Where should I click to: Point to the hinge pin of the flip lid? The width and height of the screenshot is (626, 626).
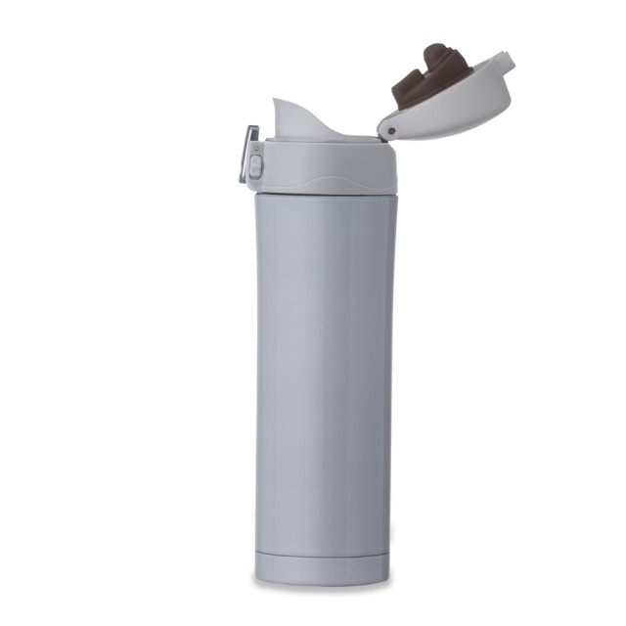[387, 127]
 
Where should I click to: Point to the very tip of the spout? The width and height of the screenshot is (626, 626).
[276, 101]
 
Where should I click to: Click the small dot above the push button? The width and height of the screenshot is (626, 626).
[255, 148]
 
